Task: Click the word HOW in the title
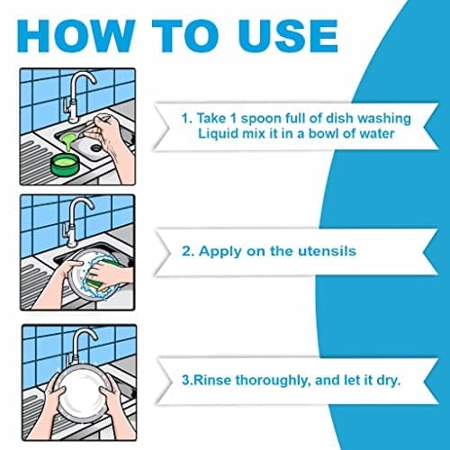point(76,36)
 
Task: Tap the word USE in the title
point(289,36)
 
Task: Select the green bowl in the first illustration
point(64,165)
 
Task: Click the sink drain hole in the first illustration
point(96,148)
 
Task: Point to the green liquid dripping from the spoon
point(68,141)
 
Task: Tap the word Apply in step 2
point(220,252)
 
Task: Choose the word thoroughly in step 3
point(272,381)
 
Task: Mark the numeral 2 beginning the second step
point(186,251)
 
